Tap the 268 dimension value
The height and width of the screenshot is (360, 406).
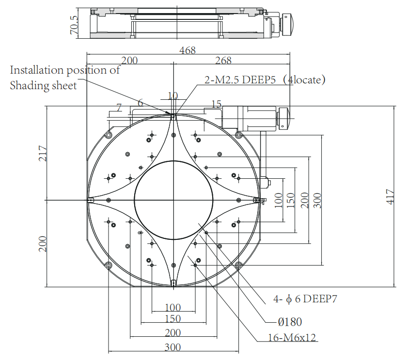(223, 61)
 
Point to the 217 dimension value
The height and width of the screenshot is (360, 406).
(43, 154)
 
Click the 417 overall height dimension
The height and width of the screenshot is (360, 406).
(390, 196)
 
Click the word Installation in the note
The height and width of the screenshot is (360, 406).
(37, 70)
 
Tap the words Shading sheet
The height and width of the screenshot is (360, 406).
(43, 86)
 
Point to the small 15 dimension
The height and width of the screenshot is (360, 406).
(216, 104)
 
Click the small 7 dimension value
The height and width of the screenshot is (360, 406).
(118, 106)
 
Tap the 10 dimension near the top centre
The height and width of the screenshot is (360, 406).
(172, 95)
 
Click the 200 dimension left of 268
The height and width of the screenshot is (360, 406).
(129, 61)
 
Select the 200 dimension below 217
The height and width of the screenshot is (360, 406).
(43, 244)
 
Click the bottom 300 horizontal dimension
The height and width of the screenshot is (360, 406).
(172, 347)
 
